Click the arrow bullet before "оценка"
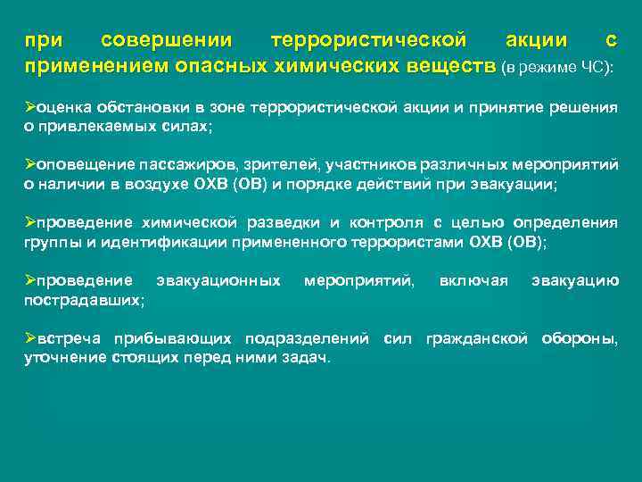pos(29,107)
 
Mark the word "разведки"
pos(274,222)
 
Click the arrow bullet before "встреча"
pos(29,338)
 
